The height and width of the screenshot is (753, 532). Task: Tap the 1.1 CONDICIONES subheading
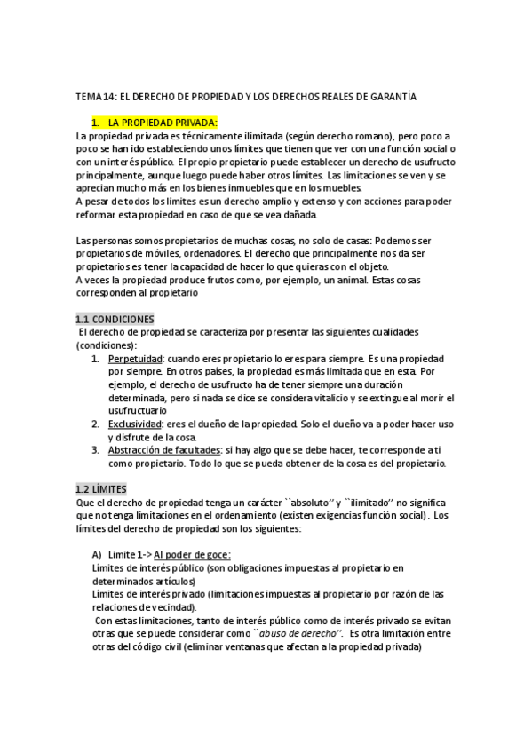[115, 319]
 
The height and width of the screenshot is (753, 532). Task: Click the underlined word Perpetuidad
[134, 358]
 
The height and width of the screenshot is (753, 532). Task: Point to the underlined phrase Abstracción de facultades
[163, 450]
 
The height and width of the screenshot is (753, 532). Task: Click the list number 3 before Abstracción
[96, 450]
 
